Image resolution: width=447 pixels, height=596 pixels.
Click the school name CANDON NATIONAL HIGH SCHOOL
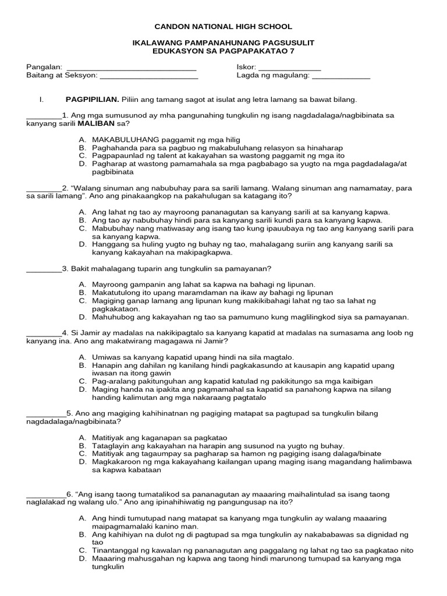coord(223,27)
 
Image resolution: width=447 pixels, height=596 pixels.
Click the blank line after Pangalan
coord(132,69)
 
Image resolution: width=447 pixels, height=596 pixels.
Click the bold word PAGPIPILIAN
coord(92,100)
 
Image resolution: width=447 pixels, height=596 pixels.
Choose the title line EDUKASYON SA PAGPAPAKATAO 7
coord(223,52)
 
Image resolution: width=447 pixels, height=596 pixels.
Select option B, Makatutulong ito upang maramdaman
coord(212,293)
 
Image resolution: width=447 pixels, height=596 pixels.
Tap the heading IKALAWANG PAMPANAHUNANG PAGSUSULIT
coord(223,44)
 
